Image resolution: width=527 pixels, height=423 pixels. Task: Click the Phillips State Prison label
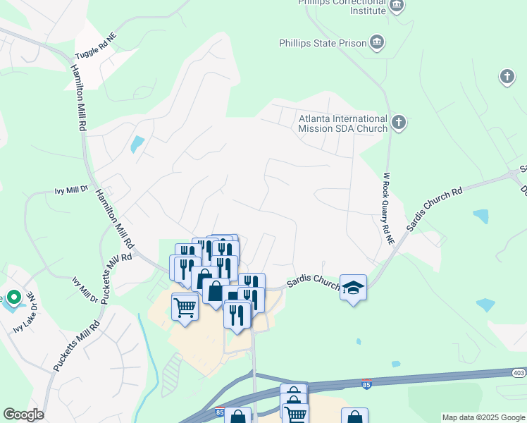pyautogui.click(x=323, y=43)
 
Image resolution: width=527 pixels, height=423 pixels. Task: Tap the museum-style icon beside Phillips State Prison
pyautogui.click(x=377, y=43)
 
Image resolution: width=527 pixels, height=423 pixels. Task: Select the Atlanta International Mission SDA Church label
pyautogui.click(x=342, y=123)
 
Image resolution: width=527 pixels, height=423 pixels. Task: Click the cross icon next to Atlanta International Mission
pyautogui.click(x=398, y=123)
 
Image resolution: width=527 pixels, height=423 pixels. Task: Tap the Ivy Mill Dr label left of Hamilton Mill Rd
pyautogui.click(x=72, y=190)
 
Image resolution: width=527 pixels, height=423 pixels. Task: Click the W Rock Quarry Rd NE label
pyautogui.click(x=387, y=209)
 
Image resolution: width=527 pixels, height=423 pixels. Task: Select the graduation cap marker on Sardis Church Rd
pyautogui.click(x=353, y=287)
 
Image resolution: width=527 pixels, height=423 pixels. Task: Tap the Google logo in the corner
pyautogui.click(x=23, y=415)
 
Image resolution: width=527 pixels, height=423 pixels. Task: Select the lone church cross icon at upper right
pyautogui.click(x=507, y=76)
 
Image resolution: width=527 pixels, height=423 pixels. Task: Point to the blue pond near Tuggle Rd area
pyautogui.click(x=137, y=144)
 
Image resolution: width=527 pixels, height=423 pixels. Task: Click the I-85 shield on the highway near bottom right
pyautogui.click(x=366, y=384)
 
